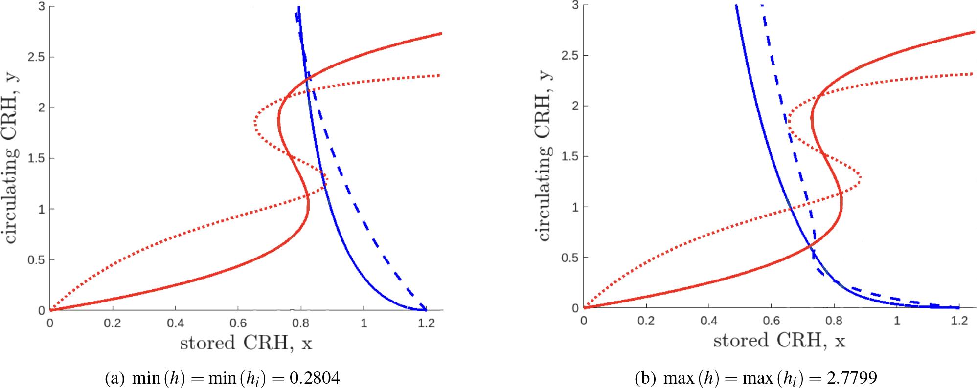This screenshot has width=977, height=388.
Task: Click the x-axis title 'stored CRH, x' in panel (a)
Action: point(246,343)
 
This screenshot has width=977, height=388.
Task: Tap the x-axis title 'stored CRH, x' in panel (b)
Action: point(779,341)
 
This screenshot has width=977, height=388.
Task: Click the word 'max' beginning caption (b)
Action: point(674,378)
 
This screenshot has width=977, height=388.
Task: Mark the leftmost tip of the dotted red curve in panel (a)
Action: point(255,123)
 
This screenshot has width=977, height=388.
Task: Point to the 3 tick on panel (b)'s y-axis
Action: point(576,5)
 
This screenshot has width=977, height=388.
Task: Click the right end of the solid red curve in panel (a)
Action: point(441,33)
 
